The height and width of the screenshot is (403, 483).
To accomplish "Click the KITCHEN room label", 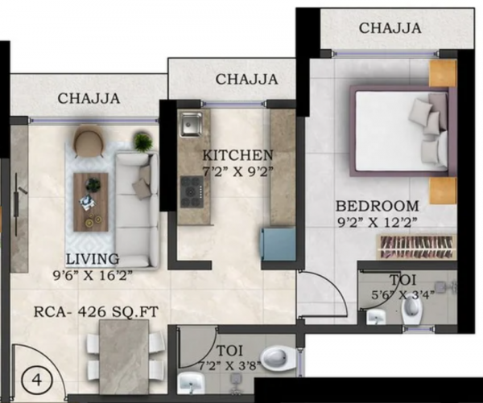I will [x=237, y=154].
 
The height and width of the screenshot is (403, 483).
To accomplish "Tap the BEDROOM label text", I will [x=378, y=205].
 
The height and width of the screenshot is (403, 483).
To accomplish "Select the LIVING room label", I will [x=93, y=259].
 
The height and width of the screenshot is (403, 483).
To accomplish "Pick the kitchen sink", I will [x=191, y=125].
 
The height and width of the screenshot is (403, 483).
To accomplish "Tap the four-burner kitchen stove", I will [x=192, y=191].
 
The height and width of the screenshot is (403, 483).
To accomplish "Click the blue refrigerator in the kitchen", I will [x=277, y=243].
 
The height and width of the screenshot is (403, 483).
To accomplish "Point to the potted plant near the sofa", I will [x=142, y=142].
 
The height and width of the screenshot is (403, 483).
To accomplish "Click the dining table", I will [x=124, y=356].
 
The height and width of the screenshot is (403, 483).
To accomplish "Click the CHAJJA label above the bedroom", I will [x=390, y=28].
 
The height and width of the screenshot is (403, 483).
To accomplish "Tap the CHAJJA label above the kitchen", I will [x=247, y=79].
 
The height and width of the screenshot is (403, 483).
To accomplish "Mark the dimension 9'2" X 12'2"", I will [x=377, y=223].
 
